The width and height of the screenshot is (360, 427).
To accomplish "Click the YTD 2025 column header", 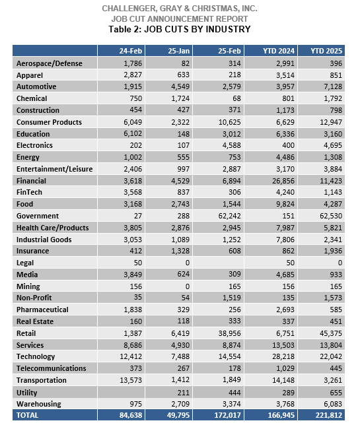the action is [x=326, y=51].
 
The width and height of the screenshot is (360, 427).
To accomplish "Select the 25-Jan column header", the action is [x=178, y=51].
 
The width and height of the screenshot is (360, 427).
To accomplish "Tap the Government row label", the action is [x=38, y=216].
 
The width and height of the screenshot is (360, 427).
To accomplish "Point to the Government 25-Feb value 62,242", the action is [x=229, y=216].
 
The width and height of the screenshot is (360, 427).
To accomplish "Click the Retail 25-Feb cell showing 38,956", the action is [x=229, y=333].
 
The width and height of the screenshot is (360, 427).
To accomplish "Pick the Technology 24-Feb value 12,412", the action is [x=131, y=356].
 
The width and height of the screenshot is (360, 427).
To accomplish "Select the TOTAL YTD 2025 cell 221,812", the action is [x=329, y=415].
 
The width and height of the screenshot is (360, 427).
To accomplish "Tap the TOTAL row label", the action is [x=27, y=415].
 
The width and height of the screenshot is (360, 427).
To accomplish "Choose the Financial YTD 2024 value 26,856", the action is [x=283, y=181].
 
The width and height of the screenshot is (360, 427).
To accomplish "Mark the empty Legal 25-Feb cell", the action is [x=218, y=263].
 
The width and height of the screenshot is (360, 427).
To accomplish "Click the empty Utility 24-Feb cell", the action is [x=121, y=393].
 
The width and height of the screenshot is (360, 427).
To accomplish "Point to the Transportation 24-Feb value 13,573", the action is [x=131, y=380].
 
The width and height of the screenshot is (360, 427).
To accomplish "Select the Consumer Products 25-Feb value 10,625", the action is [x=229, y=122].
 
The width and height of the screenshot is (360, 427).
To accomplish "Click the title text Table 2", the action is [x=125, y=29].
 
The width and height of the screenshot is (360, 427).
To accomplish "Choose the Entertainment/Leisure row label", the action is [x=55, y=169].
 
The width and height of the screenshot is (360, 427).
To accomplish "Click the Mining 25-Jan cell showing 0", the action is [x=187, y=286].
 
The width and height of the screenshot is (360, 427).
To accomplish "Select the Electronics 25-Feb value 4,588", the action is [x=231, y=145].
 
